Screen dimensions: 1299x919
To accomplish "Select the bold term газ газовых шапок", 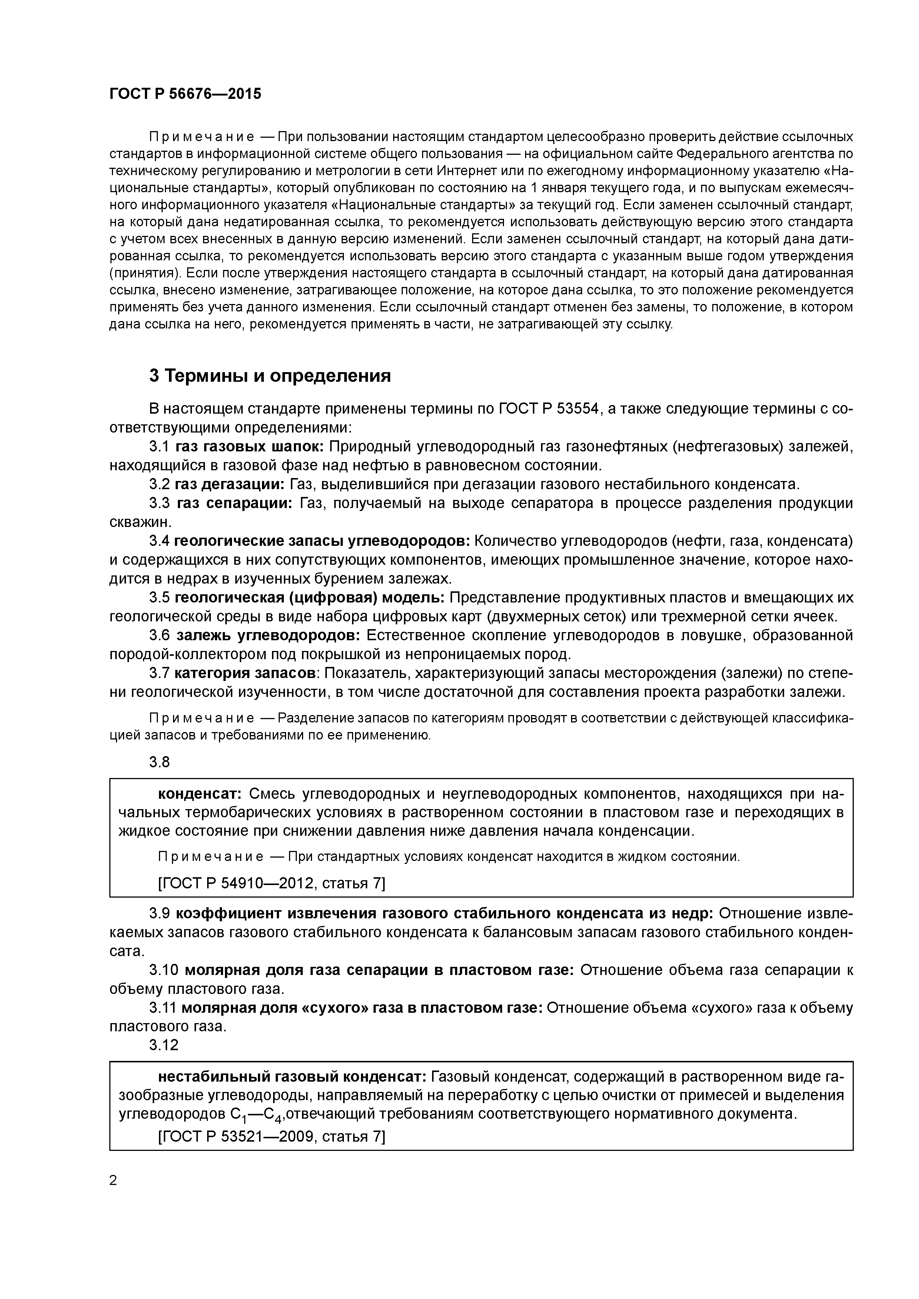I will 249,447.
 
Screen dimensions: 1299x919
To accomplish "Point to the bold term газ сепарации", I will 235,504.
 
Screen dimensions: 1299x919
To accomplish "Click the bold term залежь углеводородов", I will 268,635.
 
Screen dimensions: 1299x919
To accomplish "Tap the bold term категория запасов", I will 245,673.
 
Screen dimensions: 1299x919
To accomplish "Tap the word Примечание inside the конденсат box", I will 210,857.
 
